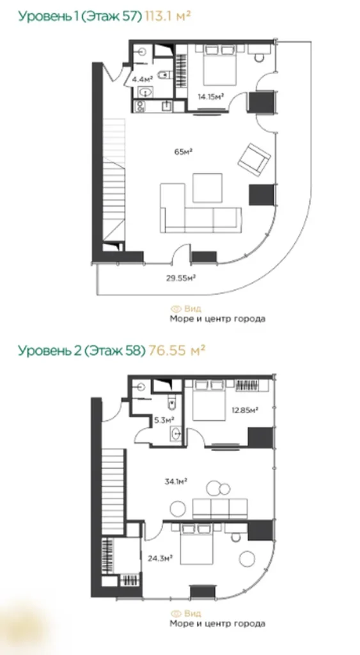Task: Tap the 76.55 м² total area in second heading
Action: pos(177,350)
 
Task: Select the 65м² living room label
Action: pos(184,152)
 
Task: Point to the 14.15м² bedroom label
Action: pos(210,97)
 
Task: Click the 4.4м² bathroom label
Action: pos(141,79)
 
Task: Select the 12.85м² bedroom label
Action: pos(246,409)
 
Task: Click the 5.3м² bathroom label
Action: pos(162,420)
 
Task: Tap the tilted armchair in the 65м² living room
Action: pos(254,157)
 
